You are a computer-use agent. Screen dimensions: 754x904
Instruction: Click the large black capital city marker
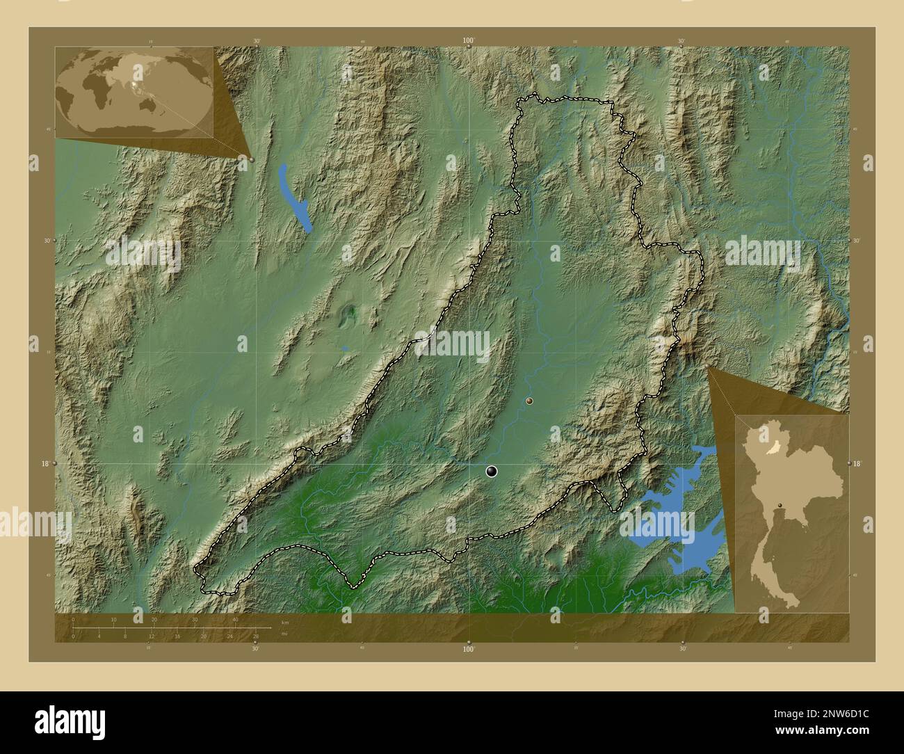[x=492, y=472]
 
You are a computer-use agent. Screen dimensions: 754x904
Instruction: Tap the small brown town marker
[x=530, y=401]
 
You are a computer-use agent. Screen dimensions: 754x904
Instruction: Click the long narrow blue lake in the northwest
[x=293, y=196]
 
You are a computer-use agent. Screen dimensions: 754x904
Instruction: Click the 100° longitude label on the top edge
[x=469, y=41]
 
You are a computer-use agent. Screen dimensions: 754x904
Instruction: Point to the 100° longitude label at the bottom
[x=469, y=649]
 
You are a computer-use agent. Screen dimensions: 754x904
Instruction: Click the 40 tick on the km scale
[x=236, y=619]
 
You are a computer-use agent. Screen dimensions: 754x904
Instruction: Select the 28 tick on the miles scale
[x=256, y=636]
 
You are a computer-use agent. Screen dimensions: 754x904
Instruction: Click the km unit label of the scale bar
[x=284, y=621]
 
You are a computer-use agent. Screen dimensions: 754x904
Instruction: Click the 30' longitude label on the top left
[x=257, y=41]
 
